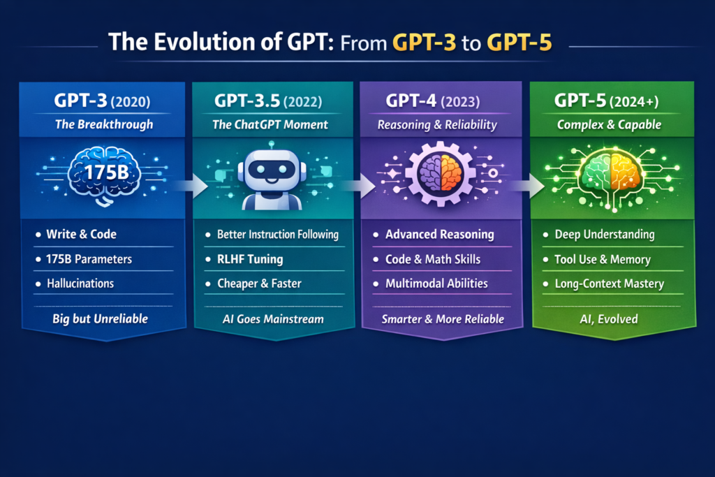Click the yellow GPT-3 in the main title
[x=424, y=43]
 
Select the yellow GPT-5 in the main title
[x=519, y=43]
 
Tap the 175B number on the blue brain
[x=106, y=173]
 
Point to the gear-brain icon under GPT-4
[x=440, y=174]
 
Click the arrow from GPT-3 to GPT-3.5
[x=191, y=185]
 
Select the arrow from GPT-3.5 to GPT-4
[x=360, y=186]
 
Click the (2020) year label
[x=131, y=102]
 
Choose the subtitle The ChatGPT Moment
[x=270, y=124]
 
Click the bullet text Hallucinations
[x=80, y=284]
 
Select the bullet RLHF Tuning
[x=250, y=259]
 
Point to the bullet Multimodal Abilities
[x=436, y=284]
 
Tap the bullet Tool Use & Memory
[x=603, y=260]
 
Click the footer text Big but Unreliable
[x=101, y=318]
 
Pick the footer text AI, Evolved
[x=609, y=319]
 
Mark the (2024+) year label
[x=633, y=102]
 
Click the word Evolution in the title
[x=204, y=42]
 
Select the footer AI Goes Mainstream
[x=273, y=319]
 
